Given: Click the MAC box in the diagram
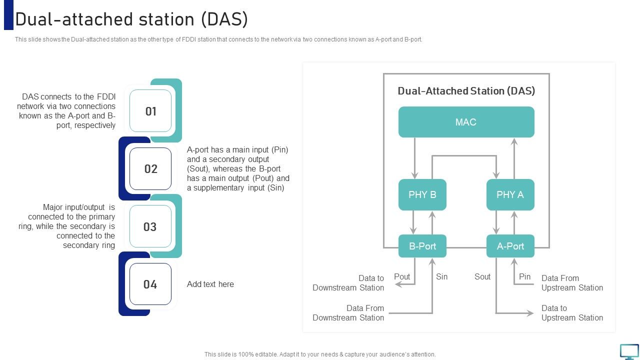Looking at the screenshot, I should (x=466, y=122).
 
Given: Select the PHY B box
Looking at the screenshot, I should (x=422, y=194).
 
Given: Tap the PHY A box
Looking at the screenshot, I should (x=510, y=194).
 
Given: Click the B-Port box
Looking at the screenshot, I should (x=422, y=246).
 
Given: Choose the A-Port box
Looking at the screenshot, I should (x=510, y=246).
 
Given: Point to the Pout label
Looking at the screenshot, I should (x=402, y=276).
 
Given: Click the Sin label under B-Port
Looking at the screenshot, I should (x=441, y=276).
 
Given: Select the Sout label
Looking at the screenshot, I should (x=482, y=276).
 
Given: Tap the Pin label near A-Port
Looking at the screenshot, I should (x=524, y=276).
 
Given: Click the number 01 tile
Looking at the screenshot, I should (x=150, y=111).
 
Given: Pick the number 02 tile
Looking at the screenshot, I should (x=150, y=169).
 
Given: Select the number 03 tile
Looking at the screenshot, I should (x=150, y=226).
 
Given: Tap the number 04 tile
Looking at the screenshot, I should (x=150, y=284).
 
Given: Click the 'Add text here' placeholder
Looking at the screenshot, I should (x=210, y=284).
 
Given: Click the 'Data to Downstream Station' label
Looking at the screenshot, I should (x=348, y=283).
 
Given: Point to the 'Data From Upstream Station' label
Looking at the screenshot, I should (x=572, y=283).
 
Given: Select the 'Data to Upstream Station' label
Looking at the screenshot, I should (x=572, y=313).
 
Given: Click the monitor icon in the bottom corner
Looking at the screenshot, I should (x=629, y=351).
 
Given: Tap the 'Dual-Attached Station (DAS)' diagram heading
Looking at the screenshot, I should (x=466, y=91).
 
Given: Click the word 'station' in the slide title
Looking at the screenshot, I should (x=165, y=19).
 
